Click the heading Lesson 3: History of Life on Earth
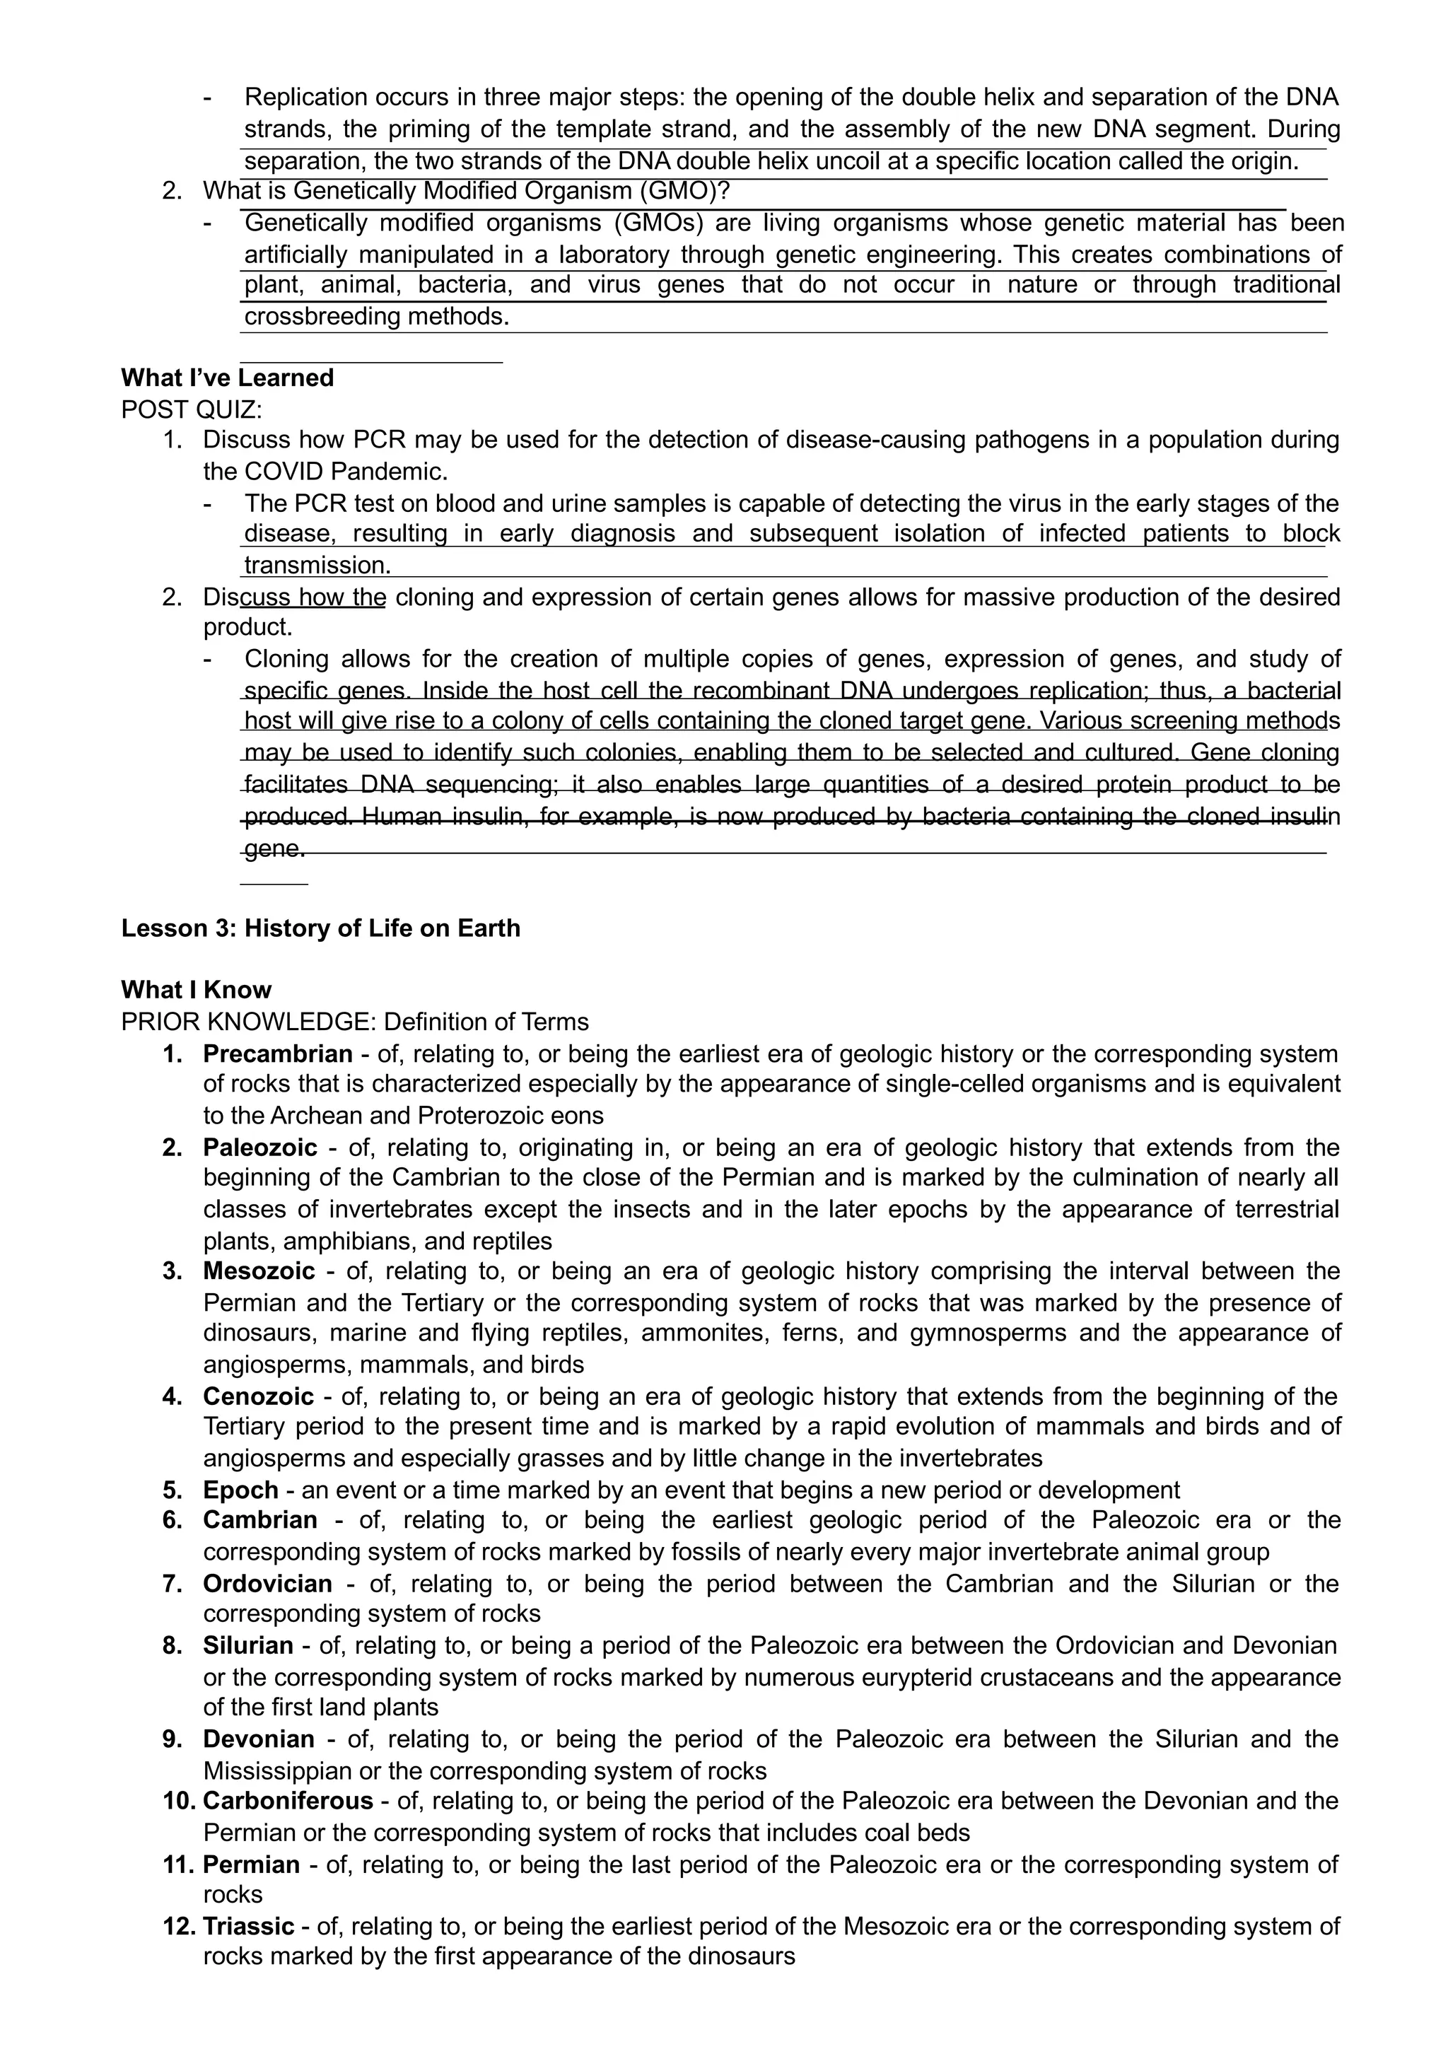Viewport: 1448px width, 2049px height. pos(320,928)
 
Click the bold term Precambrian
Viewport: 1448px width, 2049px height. pos(277,1054)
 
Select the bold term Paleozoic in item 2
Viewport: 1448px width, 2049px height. pos(259,1148)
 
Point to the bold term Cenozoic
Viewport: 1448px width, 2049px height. pos(258,1396)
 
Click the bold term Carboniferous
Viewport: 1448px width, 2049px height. pos(287,1801)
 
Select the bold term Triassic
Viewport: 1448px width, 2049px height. pos(248,1927)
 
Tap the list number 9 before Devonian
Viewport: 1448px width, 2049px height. pos(173,1739)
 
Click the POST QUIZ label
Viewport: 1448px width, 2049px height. pos(192,409)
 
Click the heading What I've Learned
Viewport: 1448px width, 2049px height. pos(228,378)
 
